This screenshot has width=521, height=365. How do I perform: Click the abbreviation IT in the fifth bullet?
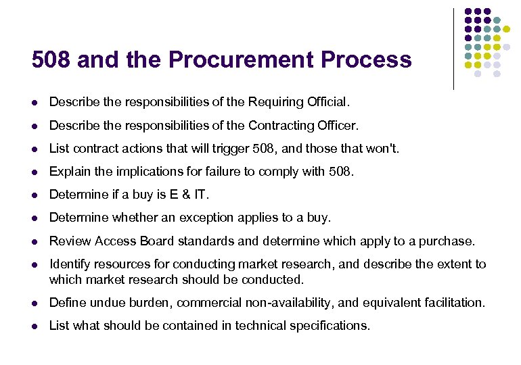pos(201,195)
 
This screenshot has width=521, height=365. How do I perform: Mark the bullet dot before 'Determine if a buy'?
pos(35,195)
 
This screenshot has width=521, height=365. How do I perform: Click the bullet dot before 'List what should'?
pos(35,326)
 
